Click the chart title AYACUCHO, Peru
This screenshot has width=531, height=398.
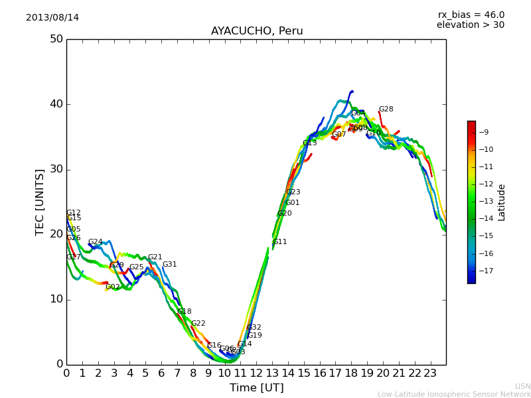[x=257, y=31]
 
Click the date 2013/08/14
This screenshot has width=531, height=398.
[x=52, y=18]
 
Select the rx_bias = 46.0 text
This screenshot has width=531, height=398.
[x=471, y=15]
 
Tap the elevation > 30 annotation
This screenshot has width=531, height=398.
[x=471, y=25]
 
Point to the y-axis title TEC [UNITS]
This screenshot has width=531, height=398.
[x=40, y=202]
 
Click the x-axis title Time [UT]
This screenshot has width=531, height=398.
[x=256, y=388]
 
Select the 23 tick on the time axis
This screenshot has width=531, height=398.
[x=430, y=373]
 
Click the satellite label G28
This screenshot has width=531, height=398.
[x=386, y=109]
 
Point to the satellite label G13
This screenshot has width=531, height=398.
[x=309, y=143]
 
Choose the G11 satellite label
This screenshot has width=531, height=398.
[x=279, y=242]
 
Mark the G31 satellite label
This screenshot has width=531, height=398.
[x=169, y=265]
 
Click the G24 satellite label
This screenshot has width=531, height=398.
[x=95, y=242]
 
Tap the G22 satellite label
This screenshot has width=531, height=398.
[x=198, y=324]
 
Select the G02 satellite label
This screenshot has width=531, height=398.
[x=113, y=287]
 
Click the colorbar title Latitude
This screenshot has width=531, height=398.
[x=502, y=202]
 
